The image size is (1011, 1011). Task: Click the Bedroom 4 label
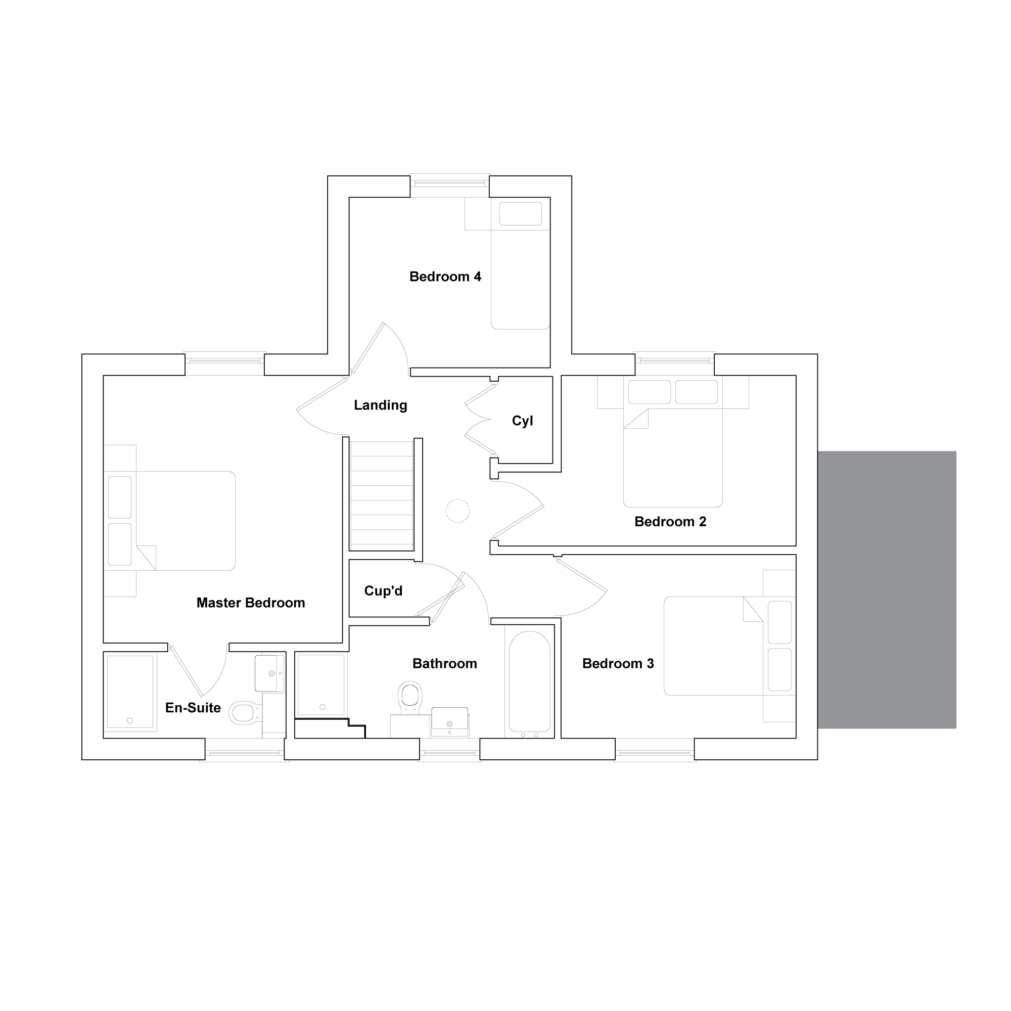[x=445, y=277]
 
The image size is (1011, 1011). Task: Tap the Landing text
[x=381, y=405]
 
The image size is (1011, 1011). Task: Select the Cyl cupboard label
[x=522, y=421]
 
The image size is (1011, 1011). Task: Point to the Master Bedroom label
[x=251, y=603]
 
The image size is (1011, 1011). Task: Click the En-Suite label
[x=193, y=708]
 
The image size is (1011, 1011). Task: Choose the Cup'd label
[x=384, y=591]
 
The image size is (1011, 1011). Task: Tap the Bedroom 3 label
[x=618, y=664]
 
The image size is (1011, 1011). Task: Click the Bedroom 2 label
[x=670, y=521]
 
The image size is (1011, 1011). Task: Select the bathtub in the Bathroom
[x=530, y=681]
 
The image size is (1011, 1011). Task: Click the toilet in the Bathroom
[x=410, y=698]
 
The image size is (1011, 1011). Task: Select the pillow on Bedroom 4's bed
[x=520, y=214]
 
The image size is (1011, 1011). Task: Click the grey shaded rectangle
[x=887, y=590]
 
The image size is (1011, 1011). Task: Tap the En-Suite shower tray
[x=130, y=692]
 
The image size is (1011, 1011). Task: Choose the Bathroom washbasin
[x=449, y=722]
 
